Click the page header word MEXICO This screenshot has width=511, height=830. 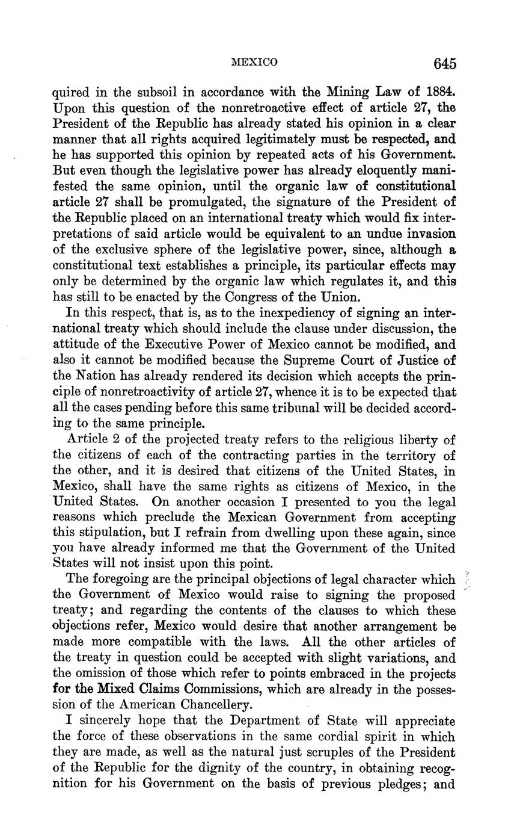[254, 62]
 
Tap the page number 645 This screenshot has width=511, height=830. [444, 63]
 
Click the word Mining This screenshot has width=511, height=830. [347, 93]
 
